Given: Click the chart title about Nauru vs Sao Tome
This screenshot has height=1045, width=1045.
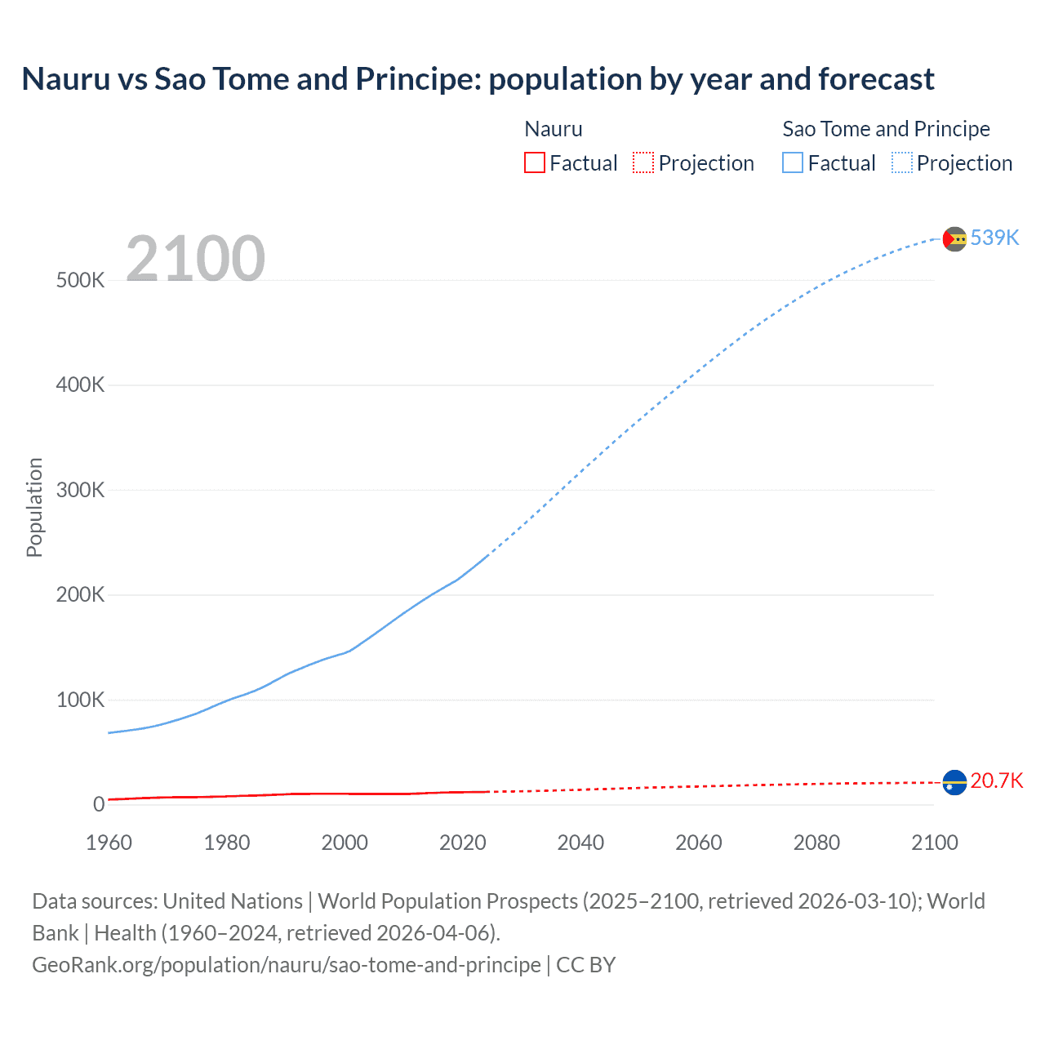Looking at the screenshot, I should click(x=478, y=79).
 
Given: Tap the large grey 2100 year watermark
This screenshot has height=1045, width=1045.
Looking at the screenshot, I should click(x=195, y=259).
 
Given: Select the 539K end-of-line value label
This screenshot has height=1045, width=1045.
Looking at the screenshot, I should click(x=994, y=238).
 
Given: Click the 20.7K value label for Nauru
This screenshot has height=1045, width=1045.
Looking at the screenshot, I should click(x=996, y=780).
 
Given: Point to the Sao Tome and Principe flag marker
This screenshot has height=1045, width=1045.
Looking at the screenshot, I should click(x=954, y=238).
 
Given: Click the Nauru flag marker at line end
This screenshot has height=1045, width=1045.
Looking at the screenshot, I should click(x=954, y=782).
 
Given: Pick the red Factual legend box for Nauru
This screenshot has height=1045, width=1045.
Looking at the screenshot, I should click(x=535, y=163).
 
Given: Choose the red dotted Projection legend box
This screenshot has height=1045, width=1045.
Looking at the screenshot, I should click(x=643, y=163).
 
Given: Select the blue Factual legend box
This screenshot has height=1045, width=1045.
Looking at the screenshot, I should click(x=793, y=163).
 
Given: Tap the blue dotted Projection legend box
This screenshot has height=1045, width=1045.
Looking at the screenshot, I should click(x=902, y=163).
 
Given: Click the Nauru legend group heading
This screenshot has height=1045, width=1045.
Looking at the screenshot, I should click(x=554, y=129).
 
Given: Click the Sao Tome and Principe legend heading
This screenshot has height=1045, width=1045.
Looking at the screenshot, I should click(x=886, y=129).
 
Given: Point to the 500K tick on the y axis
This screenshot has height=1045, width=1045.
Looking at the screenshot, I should click(x=80, y=280).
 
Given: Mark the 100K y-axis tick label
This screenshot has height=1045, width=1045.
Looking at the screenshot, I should click(x=80, y=700).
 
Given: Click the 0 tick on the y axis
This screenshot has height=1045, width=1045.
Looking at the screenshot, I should click(x=99, y=804).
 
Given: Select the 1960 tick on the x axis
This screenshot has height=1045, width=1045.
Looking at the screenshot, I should click(x=109, y=843).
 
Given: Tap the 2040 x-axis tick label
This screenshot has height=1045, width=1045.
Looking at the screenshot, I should click(x=580, y=843).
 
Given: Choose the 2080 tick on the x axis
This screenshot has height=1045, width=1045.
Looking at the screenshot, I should click(x=816, y=843).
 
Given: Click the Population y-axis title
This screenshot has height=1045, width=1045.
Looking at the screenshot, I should click(x=34, y=507).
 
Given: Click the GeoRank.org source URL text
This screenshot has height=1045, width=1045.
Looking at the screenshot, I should click(x=286, y=965).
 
